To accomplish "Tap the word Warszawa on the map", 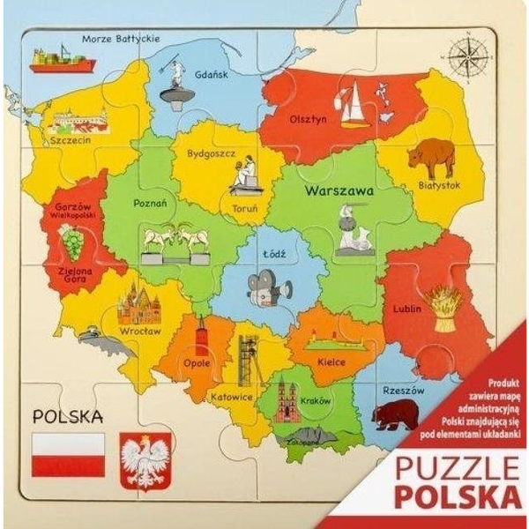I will coord(339,190).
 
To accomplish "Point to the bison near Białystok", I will coord(429,157).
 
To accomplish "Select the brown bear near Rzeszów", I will coord(394,414).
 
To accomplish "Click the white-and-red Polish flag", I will coord(68,454).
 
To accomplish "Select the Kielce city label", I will coord(332,361).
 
